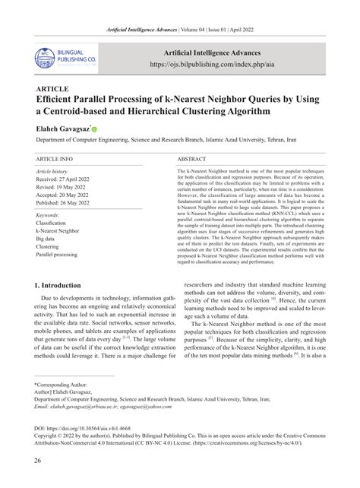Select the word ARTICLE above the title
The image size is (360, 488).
pyautogui.click(x=52, y=88)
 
